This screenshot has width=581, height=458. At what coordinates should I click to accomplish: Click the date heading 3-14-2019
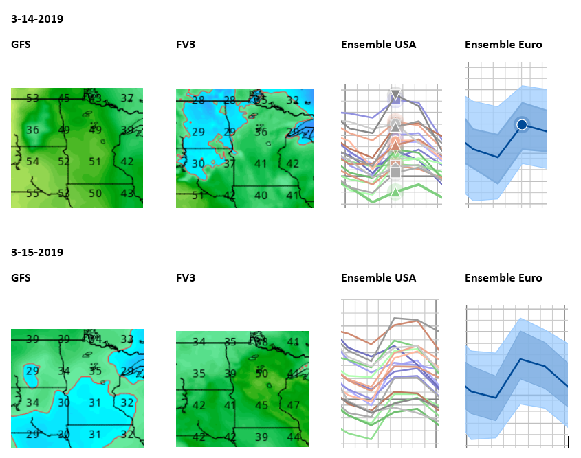37,19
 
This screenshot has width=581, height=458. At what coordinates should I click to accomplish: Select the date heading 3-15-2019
37,252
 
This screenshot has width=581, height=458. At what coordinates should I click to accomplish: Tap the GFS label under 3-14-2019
21,45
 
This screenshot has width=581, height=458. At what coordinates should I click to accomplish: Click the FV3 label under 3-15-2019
186,278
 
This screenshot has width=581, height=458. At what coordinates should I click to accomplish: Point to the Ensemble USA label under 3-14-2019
378,45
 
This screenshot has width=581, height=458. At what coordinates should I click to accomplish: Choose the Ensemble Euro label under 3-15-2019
503,278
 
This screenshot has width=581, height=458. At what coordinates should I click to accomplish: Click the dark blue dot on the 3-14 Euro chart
522,124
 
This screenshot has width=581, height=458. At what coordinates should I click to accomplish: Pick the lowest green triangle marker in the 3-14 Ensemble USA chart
395,192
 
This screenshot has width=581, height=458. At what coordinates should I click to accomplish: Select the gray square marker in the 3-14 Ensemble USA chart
395,172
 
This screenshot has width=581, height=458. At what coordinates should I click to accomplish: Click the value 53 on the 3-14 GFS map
32,98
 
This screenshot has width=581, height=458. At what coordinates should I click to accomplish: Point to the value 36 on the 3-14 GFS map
32,130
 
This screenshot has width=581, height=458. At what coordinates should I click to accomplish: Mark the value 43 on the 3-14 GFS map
127,194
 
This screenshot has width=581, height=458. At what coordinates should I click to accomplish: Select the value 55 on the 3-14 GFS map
32,194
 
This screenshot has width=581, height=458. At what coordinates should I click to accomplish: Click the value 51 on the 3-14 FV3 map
198,196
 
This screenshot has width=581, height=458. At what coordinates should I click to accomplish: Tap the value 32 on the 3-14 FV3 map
293,100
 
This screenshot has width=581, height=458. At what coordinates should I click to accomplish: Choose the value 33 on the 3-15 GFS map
127,339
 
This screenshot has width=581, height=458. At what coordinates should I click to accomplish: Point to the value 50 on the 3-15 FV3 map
261,374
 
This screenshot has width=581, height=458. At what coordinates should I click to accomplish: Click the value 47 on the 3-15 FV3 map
294,405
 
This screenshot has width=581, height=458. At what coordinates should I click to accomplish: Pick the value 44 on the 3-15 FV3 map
294,437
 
